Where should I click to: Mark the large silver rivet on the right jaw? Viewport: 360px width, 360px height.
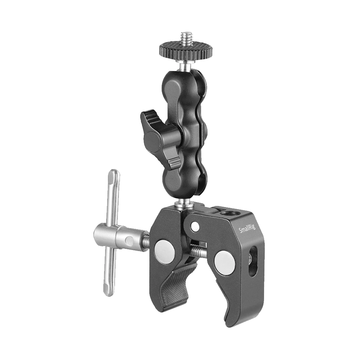(x=225, y=262)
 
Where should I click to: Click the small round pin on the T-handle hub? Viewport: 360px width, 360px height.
(x=129, y=241)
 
